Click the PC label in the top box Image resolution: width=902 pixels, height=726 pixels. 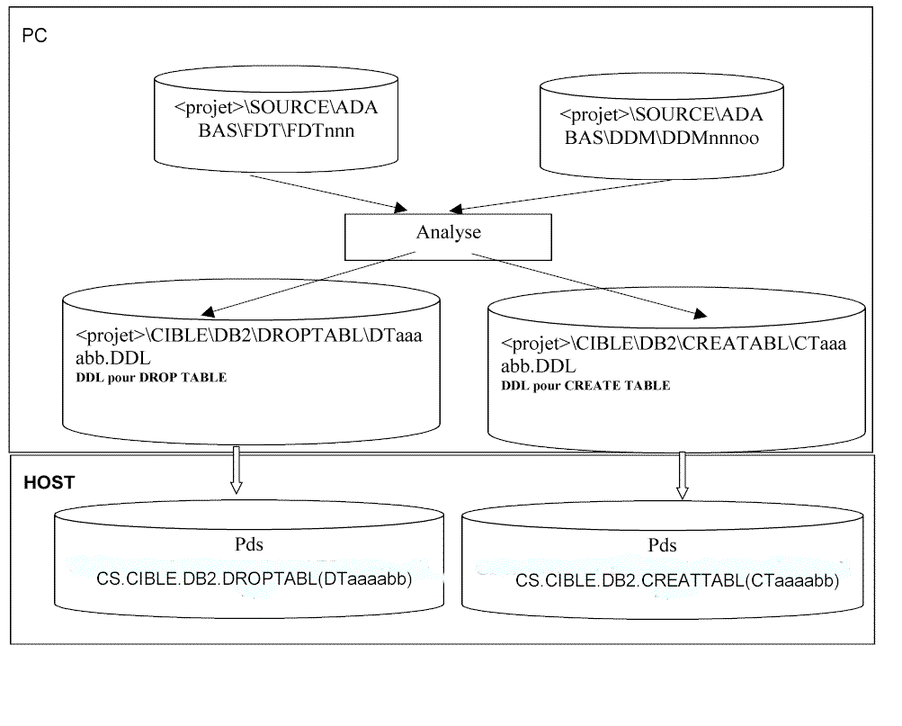click(x=34, y=36)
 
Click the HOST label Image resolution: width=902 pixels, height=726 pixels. click(x=49, y=482)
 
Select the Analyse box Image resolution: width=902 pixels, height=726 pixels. click(x=448, y=237)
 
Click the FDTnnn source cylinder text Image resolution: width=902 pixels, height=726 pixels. click(x=276, y=119)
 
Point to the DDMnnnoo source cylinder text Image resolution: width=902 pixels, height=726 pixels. click(x=662, y=126)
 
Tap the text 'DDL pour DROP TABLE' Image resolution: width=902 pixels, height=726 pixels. click(x=151, y=377)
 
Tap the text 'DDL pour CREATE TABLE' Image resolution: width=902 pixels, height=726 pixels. click(x=585, y=385)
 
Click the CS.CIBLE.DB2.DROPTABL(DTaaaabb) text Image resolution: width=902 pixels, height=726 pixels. click(x=255, y=578)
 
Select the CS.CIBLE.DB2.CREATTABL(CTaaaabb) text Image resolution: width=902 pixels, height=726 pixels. click(x=677, y=580)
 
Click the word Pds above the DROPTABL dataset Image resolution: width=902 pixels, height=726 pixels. click(x=249, y=543)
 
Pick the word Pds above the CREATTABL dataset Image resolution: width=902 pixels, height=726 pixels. click(x=662, y=545)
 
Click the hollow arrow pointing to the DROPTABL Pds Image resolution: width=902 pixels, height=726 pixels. click(x=236, y=470)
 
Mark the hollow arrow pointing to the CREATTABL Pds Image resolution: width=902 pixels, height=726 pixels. click(x=683, y=475)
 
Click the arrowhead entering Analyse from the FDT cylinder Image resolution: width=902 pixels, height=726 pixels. click(x=400, y=208)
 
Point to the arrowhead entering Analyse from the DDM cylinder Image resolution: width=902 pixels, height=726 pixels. click(x=456, y=209)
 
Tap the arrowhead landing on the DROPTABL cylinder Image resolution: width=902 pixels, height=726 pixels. click(x=208, y=312)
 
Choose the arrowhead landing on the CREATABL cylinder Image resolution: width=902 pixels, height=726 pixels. click(x=700, y=314)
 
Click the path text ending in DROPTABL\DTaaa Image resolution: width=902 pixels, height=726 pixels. click(x=249, y=335)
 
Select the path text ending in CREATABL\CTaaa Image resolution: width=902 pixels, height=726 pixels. click(x=674, y=343)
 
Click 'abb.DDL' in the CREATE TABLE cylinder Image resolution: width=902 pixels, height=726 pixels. click(x=539, y=366)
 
